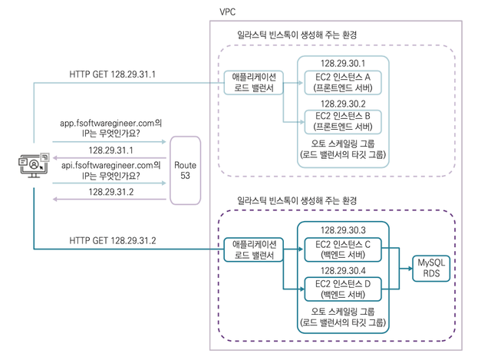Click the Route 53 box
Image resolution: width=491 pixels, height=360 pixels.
(x=185, y=170)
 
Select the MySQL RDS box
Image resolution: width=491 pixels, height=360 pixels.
(x=431, y=268)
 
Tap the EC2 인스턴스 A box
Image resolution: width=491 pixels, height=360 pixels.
(x=343, y=83)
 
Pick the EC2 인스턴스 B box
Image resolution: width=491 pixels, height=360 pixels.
(x=343, y=121)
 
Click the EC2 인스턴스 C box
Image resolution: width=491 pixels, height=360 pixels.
(x=343, y=249)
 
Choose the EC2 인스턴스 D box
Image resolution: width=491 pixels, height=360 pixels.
(x=343, y=289)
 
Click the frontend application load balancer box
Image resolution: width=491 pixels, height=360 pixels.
(x=254, y=83)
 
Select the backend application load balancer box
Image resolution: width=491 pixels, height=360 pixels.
(x=254, y=249)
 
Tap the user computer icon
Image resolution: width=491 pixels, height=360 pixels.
(x=34, y=165)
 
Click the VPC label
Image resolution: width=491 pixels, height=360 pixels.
(x=227, y=12)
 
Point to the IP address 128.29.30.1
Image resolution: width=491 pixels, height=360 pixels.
(x=343, y=64)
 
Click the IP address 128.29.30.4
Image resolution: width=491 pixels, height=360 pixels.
(x=343, y=270)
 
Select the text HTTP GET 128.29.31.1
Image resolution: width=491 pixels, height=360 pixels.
(x=113, y=74)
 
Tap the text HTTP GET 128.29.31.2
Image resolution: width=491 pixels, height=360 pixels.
(x=113, y=240)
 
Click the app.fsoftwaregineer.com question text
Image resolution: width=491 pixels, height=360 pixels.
(x=110, y=128)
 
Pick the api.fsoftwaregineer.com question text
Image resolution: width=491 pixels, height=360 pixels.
(x=110, y=170)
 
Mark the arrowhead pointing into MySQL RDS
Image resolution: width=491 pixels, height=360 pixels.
(x=410, y=268)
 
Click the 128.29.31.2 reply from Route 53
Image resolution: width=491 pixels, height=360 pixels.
(x=110, y=192)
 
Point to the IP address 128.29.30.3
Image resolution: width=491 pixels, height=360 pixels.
(x=343, y=230)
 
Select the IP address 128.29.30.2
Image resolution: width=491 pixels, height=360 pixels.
(x=343, y=104)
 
